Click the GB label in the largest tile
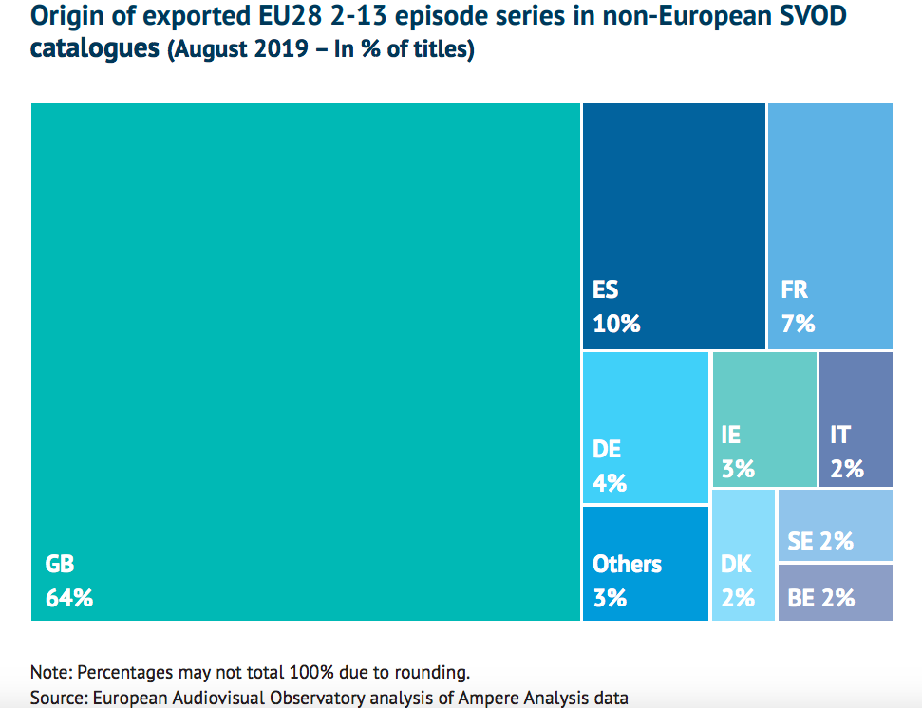(x=59, y=564)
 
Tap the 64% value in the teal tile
(x=69, y=598)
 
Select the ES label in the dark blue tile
(x=606, y=289)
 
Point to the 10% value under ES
(x=616, y=324)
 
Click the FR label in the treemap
(x=794, y=289)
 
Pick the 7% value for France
(x=798, y=324)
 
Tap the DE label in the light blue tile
(x=607, y=448)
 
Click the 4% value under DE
(x=610, y=482)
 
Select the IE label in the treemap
(x=730, y=435)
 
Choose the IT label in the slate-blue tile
(x=840, y=435)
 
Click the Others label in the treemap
(x=627, y=564)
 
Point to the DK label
(x=736, y=564)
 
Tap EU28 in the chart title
(x=292, y=16)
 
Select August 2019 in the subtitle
(x=238, y=49)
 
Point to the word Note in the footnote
(x=49, y=673)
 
